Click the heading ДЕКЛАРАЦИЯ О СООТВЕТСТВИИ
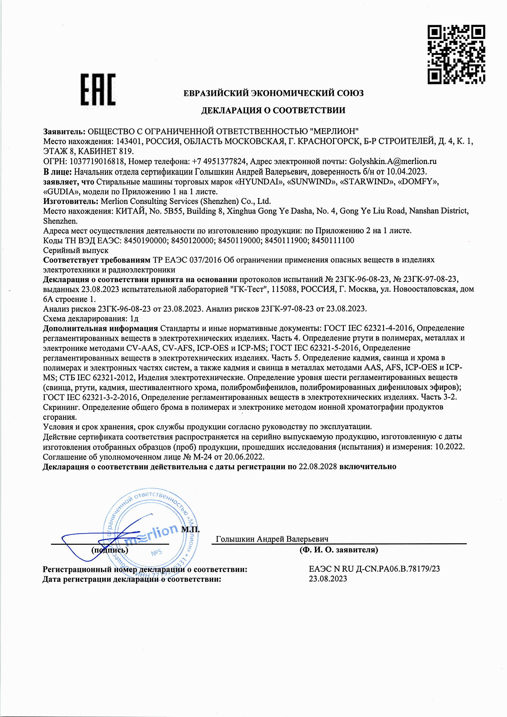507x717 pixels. (x=273, y=110)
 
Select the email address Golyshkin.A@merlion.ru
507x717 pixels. (x=393, y=161)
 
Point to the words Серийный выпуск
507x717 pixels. (x=75, y=250)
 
